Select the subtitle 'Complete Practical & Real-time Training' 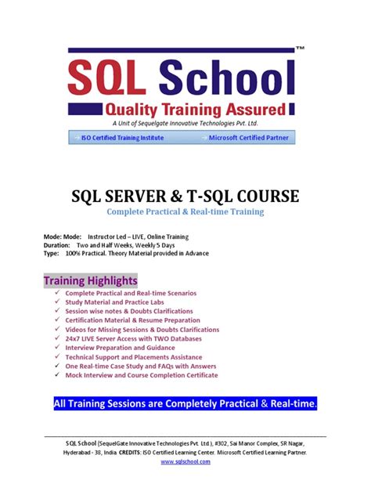click(185, 211)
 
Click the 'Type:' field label click(52, 253)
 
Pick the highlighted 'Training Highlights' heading click(90, 280)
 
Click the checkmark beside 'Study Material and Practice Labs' click(57, 302)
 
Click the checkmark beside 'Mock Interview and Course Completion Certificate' click(57, 375)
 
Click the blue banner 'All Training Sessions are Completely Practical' click(185, 404)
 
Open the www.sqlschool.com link click(185, 462)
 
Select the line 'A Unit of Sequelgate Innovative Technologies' click(185, 124)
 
